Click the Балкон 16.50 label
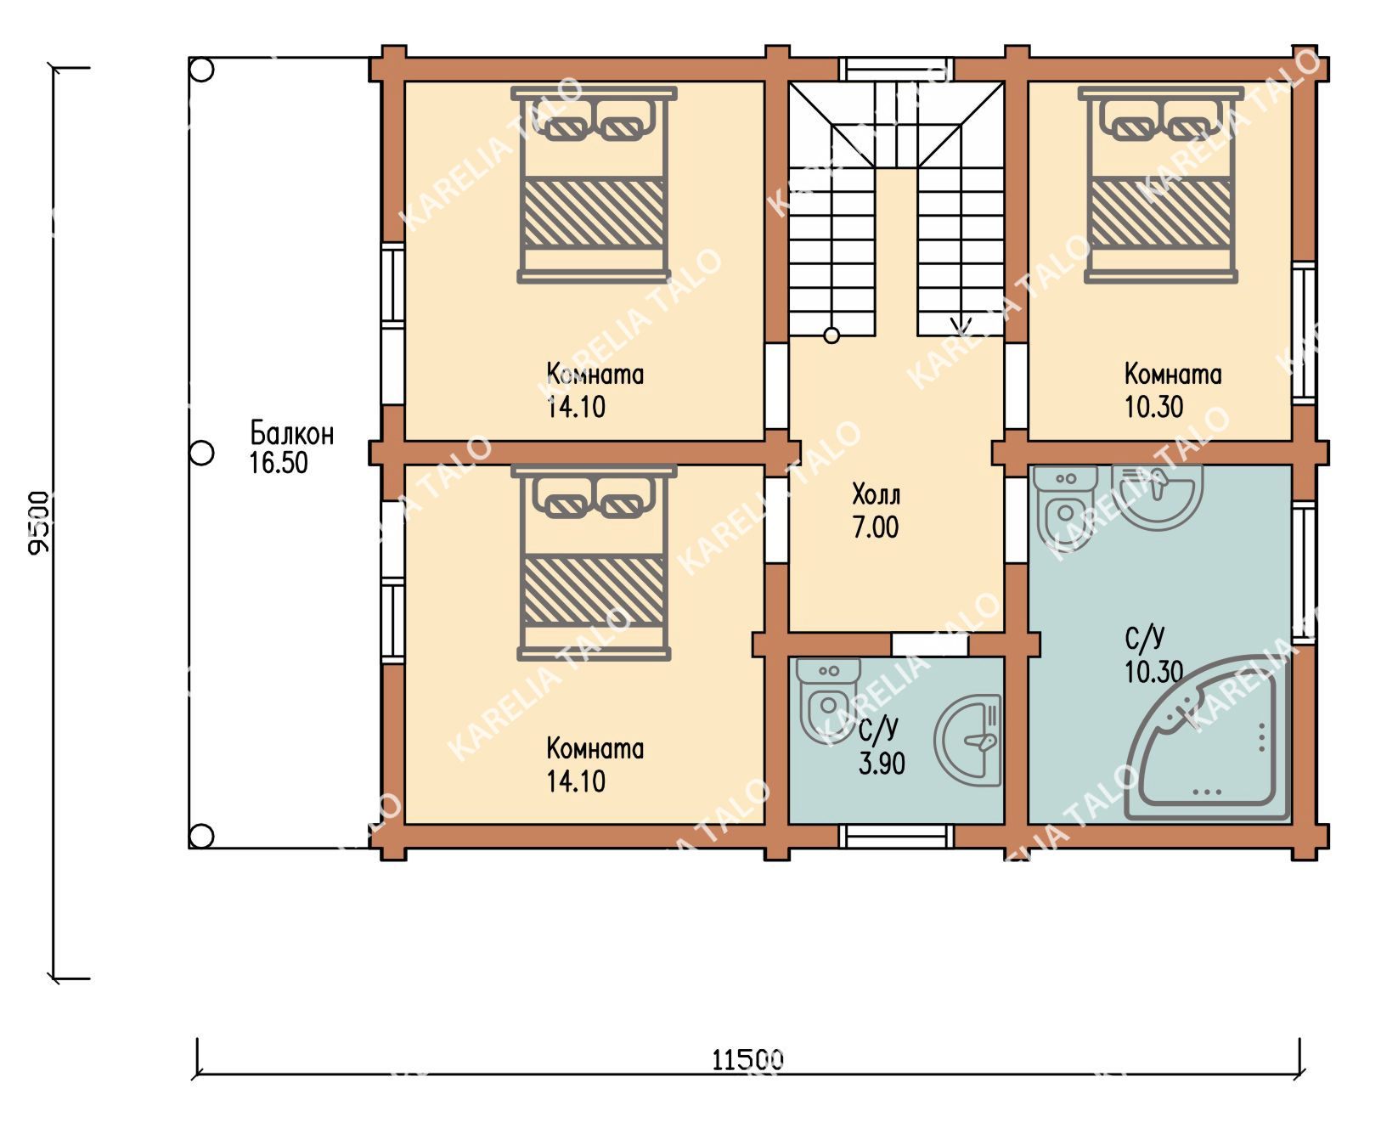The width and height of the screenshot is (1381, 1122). pos(292,448)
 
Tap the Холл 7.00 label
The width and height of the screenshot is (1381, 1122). pos(876,511)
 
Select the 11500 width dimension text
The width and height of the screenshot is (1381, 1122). pos(747,1060)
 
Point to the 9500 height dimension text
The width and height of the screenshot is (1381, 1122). pos(39,522)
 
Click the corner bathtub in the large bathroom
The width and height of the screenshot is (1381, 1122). pos(1207,739)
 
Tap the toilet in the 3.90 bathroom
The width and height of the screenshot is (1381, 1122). pos(826,700)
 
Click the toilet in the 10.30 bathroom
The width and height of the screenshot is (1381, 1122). pos(1064,508)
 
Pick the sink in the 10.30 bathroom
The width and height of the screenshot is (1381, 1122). pos(1158,497)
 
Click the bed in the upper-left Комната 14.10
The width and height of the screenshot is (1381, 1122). pos(593,184)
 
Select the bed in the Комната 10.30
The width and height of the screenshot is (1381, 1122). pos(1160,184)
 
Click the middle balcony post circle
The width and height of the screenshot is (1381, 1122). pos(201,453)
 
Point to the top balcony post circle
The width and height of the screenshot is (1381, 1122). pos(201,70)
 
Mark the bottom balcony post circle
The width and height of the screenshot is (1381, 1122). pos(201,836)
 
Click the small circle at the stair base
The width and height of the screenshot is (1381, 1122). pos(831,335)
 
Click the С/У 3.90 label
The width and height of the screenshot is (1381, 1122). pos(881,746)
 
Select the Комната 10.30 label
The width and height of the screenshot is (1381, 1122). pos(1172,390)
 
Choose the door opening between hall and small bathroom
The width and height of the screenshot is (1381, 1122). pos(929,645)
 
